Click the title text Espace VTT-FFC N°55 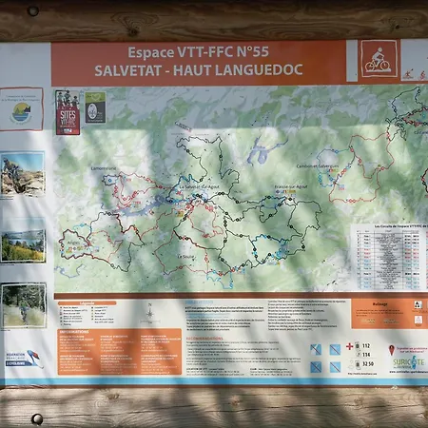[x=199, y=52]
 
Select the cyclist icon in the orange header [x=379, y=60]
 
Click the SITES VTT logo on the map [x=68, y=112]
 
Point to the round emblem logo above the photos [x=21, y=109]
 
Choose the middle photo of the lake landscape [x=22, y=245]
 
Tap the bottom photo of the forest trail [x=22, y=304]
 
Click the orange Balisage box [x=388, y=313]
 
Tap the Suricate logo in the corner [x=409, y=362]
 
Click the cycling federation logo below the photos [x=24, y=360]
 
